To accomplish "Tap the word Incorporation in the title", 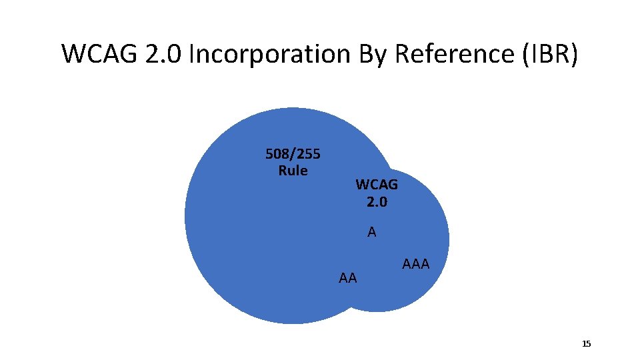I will tap(269, 54).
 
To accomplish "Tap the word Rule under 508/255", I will tap(293, 171).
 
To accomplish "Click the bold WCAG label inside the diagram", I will tap(377, 185).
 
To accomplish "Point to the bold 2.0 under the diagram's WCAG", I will tap(377, 201).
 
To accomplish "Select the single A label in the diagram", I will tap(372, 232).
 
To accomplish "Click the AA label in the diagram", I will tap(348, 278).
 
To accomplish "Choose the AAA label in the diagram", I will tap(416, 264).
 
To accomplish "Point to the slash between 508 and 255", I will tap(293, 155).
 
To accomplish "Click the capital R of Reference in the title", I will tap(403, 54).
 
